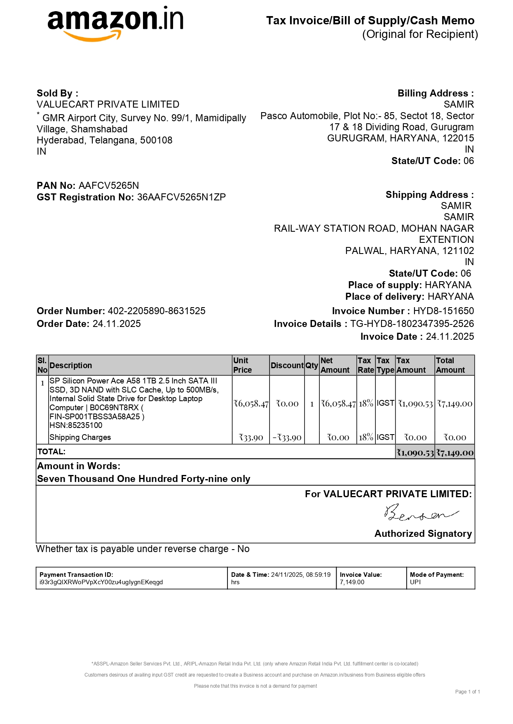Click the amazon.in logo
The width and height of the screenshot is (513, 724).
point(115,23)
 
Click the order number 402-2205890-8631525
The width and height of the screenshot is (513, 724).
point(157,311)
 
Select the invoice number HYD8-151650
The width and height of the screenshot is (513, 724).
point(443,311)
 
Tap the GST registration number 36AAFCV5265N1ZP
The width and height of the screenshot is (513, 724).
point(181,197)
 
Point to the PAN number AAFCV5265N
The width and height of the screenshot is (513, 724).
point(109,186)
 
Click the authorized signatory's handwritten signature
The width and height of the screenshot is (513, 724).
point(421,514)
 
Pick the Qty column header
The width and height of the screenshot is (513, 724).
point(312,365)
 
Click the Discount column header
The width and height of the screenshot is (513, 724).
point(287,365)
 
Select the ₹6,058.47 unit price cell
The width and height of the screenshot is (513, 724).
point(251,404)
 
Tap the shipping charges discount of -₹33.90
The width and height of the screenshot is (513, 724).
point(287,437)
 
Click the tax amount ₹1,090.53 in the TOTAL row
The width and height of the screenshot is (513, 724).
point(415,453)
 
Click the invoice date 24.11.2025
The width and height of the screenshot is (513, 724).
point(450,336)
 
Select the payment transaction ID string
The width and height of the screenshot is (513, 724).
point(101,582)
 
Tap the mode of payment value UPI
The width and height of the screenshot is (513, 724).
point(415,582)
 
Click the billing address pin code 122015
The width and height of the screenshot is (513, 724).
point(458,138)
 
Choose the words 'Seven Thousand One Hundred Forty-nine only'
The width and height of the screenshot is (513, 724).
point(144,479)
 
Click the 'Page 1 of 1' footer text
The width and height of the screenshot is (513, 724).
point(467,692)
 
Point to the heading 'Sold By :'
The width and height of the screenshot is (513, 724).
point(57,93)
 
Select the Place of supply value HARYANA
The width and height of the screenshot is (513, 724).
point(448,285)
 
